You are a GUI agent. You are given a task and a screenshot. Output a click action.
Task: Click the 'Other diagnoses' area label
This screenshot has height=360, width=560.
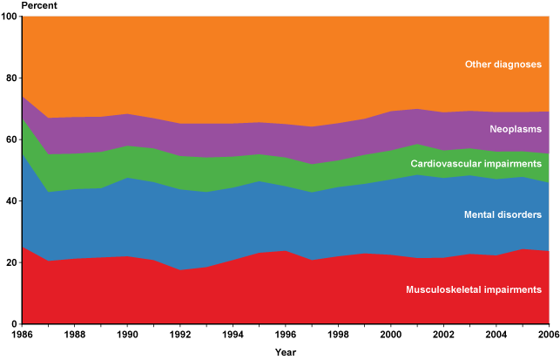pos(503,64)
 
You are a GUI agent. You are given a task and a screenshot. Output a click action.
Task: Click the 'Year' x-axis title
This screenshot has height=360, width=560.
pos(286,353)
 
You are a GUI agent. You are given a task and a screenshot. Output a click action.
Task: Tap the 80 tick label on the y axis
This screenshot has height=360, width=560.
pos(11,78)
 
